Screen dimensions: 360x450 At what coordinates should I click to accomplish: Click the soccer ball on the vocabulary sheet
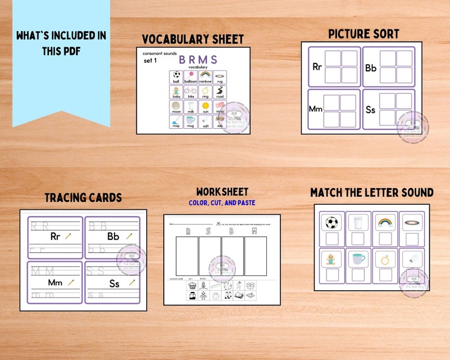point(176,74)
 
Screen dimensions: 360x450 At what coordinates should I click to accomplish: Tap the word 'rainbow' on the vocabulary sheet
point(205,82)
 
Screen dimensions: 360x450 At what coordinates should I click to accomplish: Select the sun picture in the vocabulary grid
point(205,106)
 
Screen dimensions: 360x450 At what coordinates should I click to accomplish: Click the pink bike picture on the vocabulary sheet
point(190,90)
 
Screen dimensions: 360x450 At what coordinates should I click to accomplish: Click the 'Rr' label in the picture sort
point(317,67)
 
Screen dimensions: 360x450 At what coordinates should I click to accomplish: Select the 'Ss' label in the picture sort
point(371,110)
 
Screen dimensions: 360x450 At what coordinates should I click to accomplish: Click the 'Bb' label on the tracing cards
point(113,236)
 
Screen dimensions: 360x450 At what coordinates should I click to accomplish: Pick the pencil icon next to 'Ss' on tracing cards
point(131,282)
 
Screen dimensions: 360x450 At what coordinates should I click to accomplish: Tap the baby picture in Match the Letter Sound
point(329,259)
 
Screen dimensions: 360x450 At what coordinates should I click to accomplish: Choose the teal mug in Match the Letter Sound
point(357,259)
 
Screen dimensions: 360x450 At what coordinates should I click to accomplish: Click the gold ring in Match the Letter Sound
point(384,259)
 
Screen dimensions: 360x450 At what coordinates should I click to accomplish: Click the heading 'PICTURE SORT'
point(363,34)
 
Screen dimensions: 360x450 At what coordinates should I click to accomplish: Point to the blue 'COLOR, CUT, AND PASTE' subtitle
point(222,202)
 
